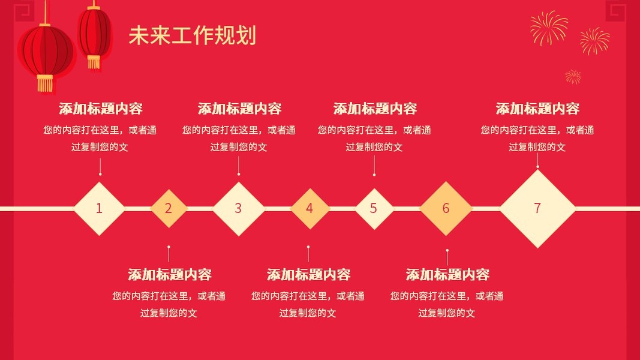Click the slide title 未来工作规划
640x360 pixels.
(x=192, y=35)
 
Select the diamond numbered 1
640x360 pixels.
(x=100, y=209)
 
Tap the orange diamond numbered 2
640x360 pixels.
(x=169, y=209)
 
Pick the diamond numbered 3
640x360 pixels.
(x=238, y=209)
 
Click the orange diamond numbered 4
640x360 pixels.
(x=310, y=209)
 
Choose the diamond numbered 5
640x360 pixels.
(x=374, y=209)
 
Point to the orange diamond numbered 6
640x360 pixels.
(x=446, y=209)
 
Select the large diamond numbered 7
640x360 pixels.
(x=537, y=209)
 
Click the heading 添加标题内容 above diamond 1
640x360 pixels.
(x=100, y=109)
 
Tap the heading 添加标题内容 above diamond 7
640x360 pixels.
(x=537, y=109)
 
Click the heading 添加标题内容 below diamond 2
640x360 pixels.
(x=170, y=275)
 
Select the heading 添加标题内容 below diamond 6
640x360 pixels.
(x=447, y=275)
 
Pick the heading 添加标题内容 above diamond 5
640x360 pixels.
(x=375, y=109)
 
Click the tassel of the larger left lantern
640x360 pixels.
(x=45, y=83)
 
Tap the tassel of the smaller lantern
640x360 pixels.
(x=94, y=62)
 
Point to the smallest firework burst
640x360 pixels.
(x=573, y=76)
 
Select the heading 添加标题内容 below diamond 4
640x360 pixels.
(x=308, y=275)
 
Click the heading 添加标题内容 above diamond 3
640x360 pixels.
(x=239, y=109)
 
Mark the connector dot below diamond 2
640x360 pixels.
(x=169, y=247)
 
